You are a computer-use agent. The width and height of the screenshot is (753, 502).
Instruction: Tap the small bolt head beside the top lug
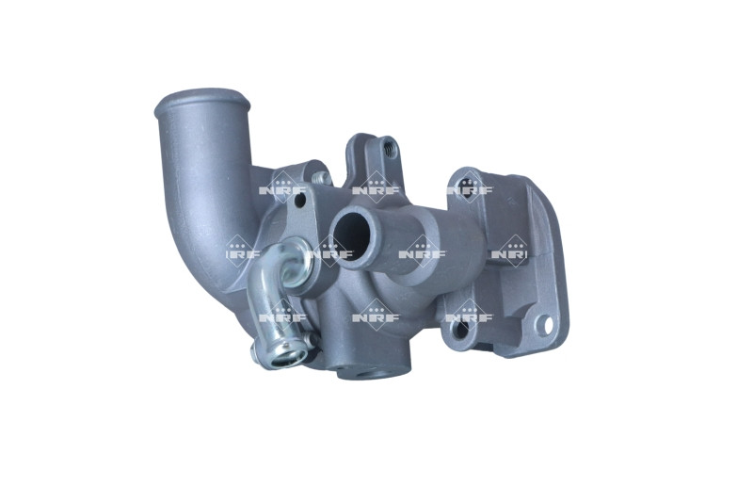[321, 177]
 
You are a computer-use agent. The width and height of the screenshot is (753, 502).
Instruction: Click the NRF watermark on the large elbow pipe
[240, 252]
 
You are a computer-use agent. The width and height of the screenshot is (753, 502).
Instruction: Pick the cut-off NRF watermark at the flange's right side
[513, 252]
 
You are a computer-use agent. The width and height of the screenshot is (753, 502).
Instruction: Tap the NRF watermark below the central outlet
[376, 316]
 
